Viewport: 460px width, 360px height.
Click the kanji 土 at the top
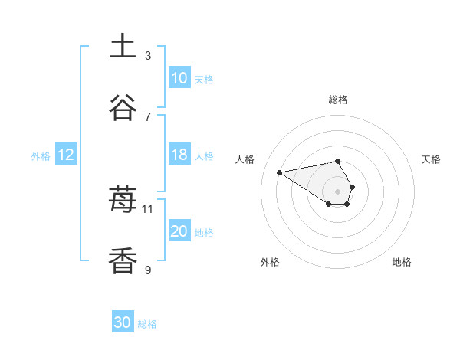pyautogui.click(x=123, y=46)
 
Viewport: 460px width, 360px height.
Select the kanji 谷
pyautogui.click(x=123, y=107)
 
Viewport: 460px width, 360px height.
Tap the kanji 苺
pyautogui.click(x=123, y=201)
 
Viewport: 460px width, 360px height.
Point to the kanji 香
pyautogui.click(x=123, y=260)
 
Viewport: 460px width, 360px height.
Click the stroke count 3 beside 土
pyautogui.click(x=148, y=55)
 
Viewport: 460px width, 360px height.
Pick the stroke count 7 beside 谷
pyautogui.click(x=148, y=116)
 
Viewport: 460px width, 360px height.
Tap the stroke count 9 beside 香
pyautogui.click(x=148, y=270)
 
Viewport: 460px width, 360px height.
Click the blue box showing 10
pyautogui.click(x=179, y=78)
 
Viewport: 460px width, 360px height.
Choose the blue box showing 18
pyautogui.click(x=179, y=155)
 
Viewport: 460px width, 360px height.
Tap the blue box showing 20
pyautogui.click(x=179, y=231)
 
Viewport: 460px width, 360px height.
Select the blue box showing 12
pyautogui.click(x=66, y=155)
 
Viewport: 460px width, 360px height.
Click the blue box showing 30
pyautogui.click(x=123, y=323)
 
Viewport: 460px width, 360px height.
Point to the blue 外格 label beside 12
pyautogui.click(x=41, y=155)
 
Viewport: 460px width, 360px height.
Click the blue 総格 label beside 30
pyautogui.click(x=147, y=324)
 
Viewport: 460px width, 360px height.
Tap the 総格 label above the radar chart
pyautogui.click(x=338, y=100)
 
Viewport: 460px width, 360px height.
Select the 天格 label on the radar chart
pyautogui.click(x=431, y=159)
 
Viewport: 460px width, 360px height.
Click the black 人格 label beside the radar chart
pyautogui.click(x=246, y=159)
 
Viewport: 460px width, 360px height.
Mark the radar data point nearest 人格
pyautogui.click(x=280, y=172)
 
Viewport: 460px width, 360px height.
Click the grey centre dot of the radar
pyautogui.click(x=337, y=191)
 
